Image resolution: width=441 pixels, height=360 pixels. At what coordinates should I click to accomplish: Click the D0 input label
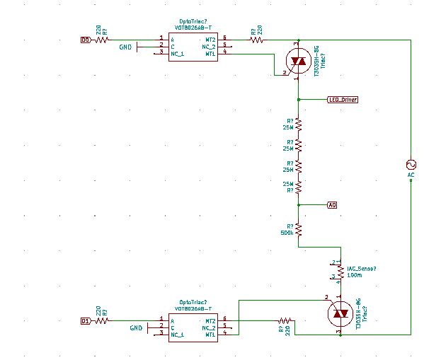point(86,40)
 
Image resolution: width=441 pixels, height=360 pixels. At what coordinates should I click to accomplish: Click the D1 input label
point(85,320)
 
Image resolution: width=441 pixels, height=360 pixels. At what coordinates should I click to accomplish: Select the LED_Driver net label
point(343,100)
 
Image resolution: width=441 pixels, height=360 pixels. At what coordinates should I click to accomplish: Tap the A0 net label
point(332,205)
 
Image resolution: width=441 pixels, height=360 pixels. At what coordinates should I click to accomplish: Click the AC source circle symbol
point(411,163)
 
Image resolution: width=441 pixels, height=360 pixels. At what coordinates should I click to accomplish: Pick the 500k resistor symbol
point(299,229)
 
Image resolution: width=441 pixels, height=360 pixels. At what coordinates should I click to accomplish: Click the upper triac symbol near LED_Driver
point(299,62)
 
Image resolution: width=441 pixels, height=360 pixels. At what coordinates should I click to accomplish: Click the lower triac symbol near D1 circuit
point(340,312)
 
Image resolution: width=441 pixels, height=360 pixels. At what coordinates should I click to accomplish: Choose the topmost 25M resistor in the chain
point(299,124)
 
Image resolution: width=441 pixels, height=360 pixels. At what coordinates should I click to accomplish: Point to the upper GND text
point(126,47)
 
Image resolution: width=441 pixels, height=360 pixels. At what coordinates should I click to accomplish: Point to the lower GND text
point(137,328)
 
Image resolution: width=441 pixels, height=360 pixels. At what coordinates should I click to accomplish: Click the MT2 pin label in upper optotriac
point(210,40)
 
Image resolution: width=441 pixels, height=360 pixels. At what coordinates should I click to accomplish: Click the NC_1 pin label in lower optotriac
point(178,334)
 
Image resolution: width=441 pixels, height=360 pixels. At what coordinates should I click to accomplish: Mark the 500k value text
point(287,233)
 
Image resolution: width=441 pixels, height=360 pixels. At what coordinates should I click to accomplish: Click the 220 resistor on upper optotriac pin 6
point(256,40)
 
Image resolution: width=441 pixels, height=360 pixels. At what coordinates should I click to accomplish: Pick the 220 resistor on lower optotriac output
point(286,320)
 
